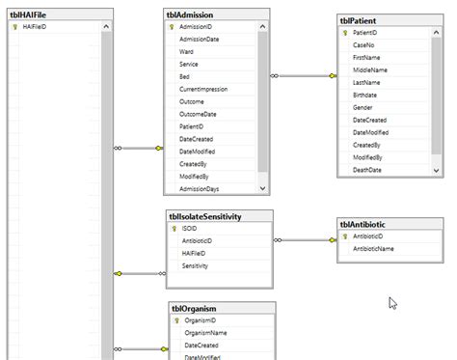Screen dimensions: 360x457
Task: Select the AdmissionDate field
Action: click(200, 40)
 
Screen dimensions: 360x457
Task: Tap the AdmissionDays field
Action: click(200, 188)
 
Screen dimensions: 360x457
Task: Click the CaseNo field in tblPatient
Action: click(363, 45)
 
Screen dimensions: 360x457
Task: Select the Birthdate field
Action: click(366, 96)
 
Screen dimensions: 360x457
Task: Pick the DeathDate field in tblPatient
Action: click(367, 170)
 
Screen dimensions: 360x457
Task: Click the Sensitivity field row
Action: click(196, 265)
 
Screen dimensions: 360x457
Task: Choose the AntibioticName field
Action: click(373, 249)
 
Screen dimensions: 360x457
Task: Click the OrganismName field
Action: click(204, 333)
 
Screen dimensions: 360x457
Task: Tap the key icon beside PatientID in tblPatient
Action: click(345, 33)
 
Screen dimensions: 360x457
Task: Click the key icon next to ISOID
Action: click(174, 229)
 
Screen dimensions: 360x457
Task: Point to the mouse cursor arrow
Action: click(392, 302)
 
